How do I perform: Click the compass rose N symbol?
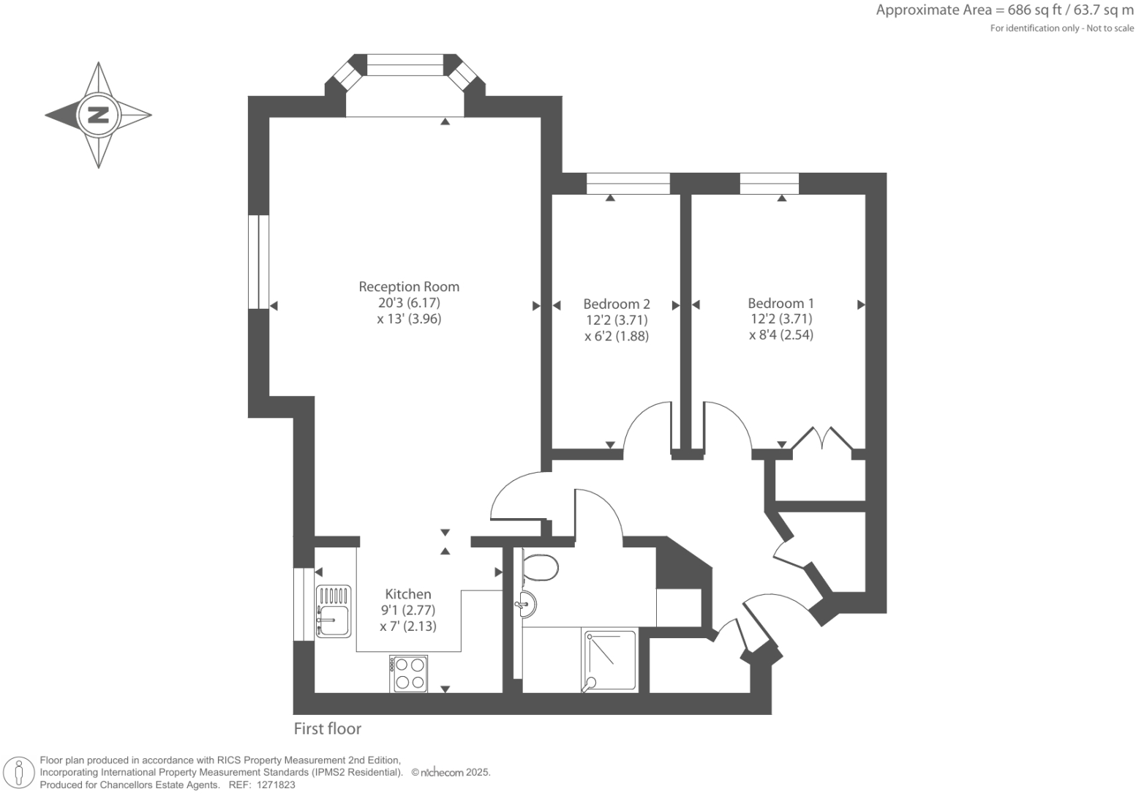tap(98, 115)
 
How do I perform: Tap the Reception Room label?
tap(409, 287)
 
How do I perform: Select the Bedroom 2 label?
tap(616, 304)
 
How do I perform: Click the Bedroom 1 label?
tap(780, 303)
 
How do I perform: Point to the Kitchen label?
tap(408, 594)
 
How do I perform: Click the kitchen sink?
tap(334, 611)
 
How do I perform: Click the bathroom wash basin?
tap(527, 604)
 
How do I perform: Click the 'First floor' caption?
tap(328, 729)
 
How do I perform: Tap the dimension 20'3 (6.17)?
tap(409, 303)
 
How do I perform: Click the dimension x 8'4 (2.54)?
tap(780, 335)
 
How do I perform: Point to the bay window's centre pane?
tap(405, 66)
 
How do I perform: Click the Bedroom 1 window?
tap(769, 184)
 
